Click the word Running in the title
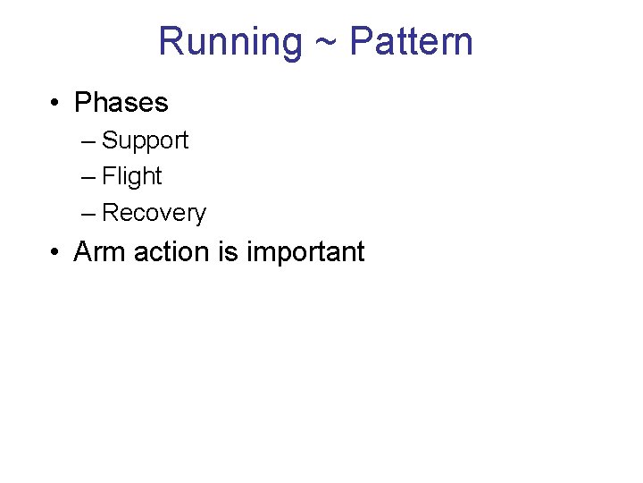point(230,42)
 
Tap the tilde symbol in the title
point(326,43)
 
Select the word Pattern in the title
point(411,42)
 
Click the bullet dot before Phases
point(55,104)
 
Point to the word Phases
point(121,103)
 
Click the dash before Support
point(87,141)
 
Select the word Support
point(146,141)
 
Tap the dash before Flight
point(87,177)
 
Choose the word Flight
point(132,177)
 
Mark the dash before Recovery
point(87,214)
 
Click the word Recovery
point(154,214)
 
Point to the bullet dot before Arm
point(55,253)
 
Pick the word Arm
point(100,252)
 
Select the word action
point(171,252)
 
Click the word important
point(305,253)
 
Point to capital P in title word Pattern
point(361,42)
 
